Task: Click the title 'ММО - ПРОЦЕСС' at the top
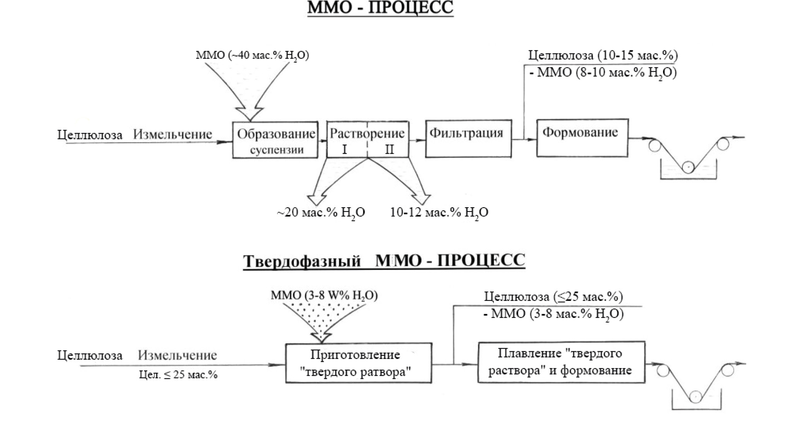[380, 8]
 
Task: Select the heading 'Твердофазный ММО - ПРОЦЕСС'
[384, 261]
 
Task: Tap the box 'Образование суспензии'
[275, 140]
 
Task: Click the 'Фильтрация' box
[468, 139]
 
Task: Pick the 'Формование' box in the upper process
[582, 138]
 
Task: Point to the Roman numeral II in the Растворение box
[389, 149]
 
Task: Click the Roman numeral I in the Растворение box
[344, 149]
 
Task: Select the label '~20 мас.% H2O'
[321, 213]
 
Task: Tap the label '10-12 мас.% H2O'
[439, 213]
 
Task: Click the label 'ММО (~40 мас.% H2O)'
[252, 55]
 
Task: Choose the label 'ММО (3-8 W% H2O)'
[324, 296]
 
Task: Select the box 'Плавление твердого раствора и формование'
[561, 362]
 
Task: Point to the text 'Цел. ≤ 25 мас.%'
[178, 375]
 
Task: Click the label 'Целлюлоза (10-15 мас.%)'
[603, 55]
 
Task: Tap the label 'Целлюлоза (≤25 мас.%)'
[553, 297]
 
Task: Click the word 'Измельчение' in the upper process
[173, 134]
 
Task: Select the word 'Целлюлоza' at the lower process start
[90, 356]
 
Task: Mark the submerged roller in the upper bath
[688, 167]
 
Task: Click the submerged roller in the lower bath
[696, 397]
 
